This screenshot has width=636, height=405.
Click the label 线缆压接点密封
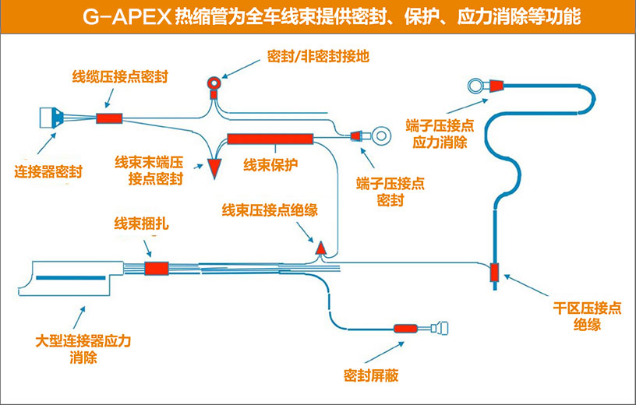coord(121,77)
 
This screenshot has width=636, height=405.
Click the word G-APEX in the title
coord(126,17)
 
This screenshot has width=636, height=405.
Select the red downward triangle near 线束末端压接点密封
coord(215,168)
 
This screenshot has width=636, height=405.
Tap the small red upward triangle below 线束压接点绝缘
coord(320,248)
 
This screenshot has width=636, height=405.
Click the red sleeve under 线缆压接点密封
coord(109,119)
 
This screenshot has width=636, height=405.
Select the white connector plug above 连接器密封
coord(51,118)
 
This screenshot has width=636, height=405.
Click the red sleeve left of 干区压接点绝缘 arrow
coord(494,273)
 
